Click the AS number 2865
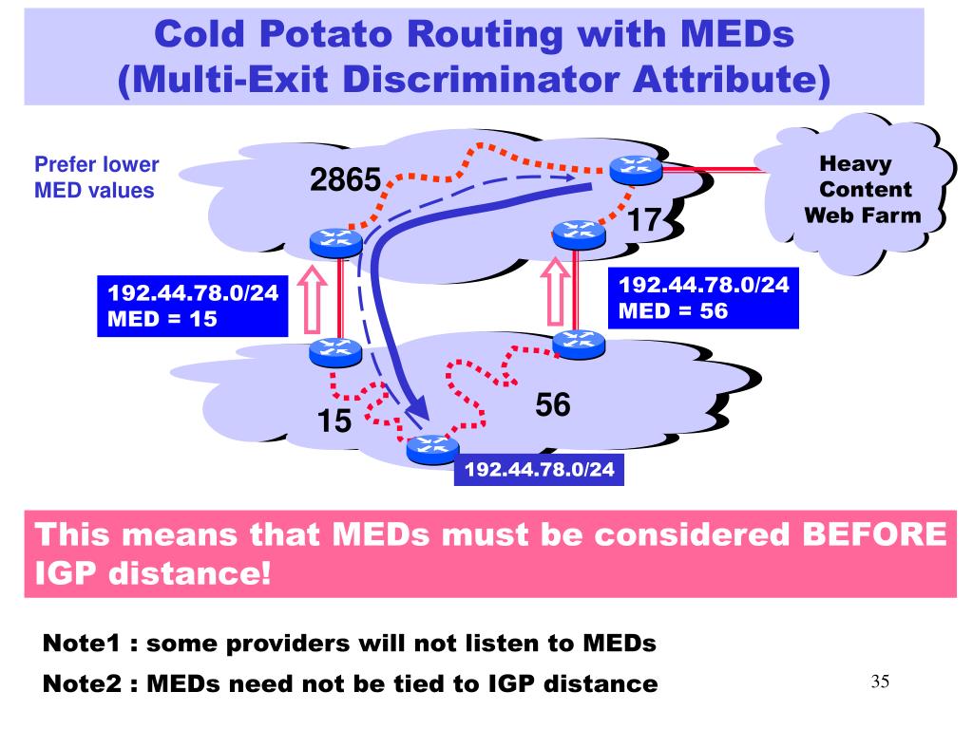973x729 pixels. coord(345,178)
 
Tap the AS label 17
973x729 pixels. coord(644,221)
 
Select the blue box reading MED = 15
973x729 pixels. coord(193,306)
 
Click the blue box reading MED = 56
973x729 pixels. coord(704,297)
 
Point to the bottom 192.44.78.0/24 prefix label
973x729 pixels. coord(539,469)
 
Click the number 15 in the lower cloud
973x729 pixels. coord(334,421)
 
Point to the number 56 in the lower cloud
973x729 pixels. coord(553,405)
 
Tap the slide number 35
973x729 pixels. coord(879,682)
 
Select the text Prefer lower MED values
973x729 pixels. coord(96,177)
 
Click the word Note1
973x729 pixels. coord(84,644)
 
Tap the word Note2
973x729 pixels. coord(84,682)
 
